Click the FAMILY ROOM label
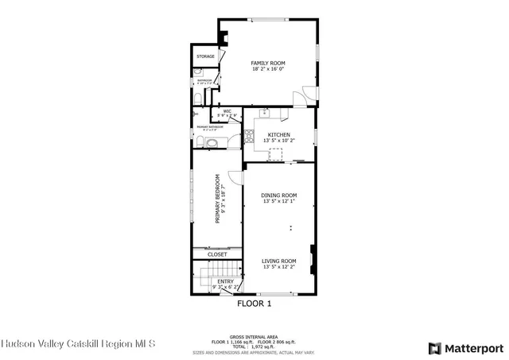coord(268,63)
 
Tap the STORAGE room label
coord(206,56)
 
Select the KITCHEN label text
coord(278,135)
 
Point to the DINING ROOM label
coord(279,195)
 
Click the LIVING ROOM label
coord(279,261)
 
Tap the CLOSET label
coord(217,254)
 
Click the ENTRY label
coord(226,281)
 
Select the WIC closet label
coord(227,111)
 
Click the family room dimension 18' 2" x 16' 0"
coord(268,69)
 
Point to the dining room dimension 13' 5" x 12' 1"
coord(279,202)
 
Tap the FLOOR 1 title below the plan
coord(254,304)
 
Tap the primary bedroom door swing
coord(235,179)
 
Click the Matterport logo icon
coord(433,348)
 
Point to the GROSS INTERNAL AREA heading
coord(254,336)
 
